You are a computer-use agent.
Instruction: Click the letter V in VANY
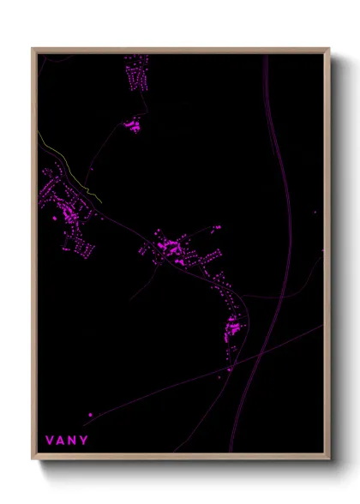point(50,441)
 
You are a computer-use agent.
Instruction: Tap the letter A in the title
point(61,441)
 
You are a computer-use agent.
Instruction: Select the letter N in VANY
point(72,441)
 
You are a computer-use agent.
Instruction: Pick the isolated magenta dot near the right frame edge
point(315,213)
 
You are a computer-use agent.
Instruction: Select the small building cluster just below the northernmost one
point(132,125)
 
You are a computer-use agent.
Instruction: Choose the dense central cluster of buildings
point(171,249)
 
